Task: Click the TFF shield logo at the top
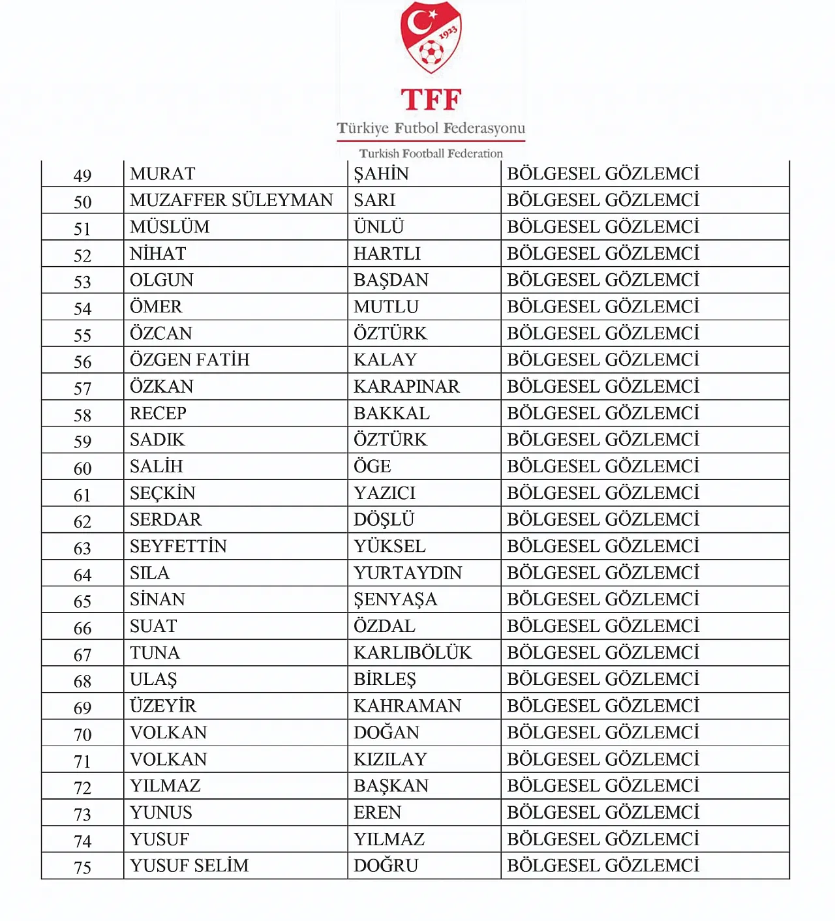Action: pyautogui.click(x=431, y=37)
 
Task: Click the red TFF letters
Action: pyautogui.click(x=431, y=100)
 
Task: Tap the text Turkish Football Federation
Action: pyautogui.click(x=431, y=153)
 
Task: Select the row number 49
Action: pyautogui.click(x=82, y=175)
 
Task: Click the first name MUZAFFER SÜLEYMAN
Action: pyautogui.click(x=231, y=200)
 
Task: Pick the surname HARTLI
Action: pyautogui.click(x=387, y=254)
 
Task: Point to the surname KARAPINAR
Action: pyautogui.click(x=406, y=387)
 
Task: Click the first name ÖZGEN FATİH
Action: pyautogui.click(x=189, y=360)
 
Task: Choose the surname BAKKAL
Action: pyautogui.click(x=391, y=414)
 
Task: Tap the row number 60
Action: pyautogui.click(x=82, y=468)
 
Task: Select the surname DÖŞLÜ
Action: pyautogui.click(x=384, y=520)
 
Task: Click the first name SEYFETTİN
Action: pyautogui.click(x=178, y=547)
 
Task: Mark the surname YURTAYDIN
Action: pyautogui.click(x=408, y=573)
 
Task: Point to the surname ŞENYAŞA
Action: pyautogui.click(x=395, y=600)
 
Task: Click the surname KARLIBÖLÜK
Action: pyautogui.click(x=412, y=653)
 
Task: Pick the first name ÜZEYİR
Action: pyautogui.click(x=162, y=706)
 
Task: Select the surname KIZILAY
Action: pyautogui.click(x=390, y=759)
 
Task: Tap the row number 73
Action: pyautogui.click(x=82, y=815)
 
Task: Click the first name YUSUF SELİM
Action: pyautogui.click(x=189, y=866)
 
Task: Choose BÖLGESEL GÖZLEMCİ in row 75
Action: pyautogui.click(x=603, y=866)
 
